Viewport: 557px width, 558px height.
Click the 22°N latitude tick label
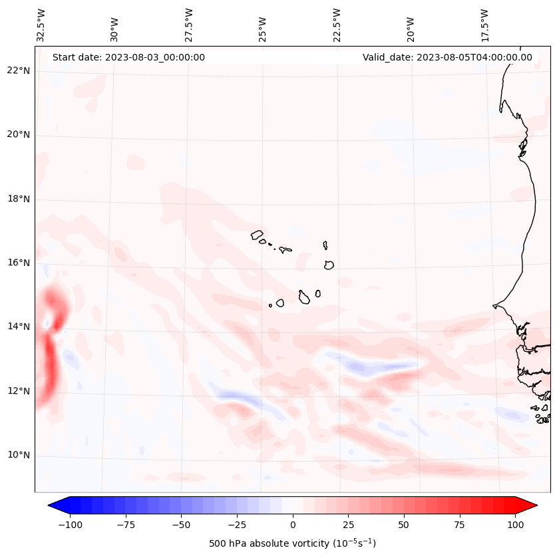19,70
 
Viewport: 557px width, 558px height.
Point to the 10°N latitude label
19,455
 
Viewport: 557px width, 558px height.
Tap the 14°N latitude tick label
19,327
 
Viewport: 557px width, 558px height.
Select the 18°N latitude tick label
19,199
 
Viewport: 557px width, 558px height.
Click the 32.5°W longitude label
41,25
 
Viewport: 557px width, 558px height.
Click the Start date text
128,57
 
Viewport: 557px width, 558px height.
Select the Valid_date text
447,57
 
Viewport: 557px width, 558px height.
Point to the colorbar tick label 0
293,525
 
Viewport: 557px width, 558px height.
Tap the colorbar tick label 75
460,525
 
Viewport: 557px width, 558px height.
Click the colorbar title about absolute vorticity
292,543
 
